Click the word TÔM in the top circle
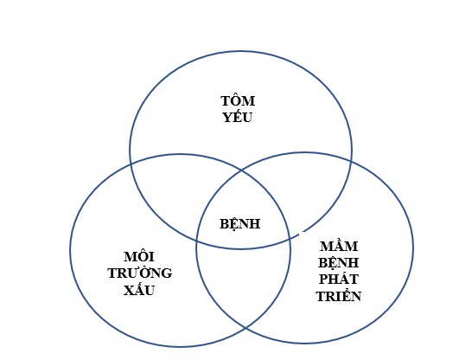coord(238,100)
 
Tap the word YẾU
coord(238,117)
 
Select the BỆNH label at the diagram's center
coord(240,224)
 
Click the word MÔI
coord(139,256)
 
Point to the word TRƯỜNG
coord(140,273)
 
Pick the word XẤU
coord(139,290)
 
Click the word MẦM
coord(339,246)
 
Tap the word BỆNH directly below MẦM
coord(338,263)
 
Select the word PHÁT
coord(339,279)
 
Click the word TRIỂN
coord(339,296)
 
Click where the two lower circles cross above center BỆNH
coord(241,170)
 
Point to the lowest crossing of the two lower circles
coord(246,328)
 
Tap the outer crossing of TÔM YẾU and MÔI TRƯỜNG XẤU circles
coord(131,164)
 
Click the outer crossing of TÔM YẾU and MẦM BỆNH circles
coord(351,161)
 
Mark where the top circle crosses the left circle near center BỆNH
coord(196,241)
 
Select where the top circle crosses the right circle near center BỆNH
coord(290,239)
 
